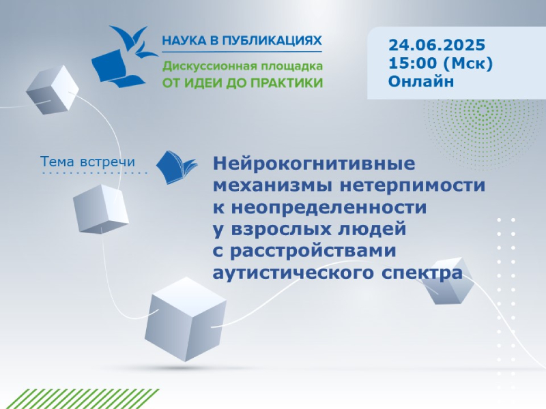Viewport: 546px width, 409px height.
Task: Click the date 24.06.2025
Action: (x=437, y=45)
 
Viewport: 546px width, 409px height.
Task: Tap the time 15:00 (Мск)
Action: (x=440, y=63)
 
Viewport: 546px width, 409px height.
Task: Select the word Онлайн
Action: (x=421, y=81)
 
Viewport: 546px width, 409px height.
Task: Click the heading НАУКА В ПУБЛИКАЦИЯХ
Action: (x=242, y=41)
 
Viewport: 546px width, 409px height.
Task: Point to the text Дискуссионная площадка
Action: (x=243, y=66)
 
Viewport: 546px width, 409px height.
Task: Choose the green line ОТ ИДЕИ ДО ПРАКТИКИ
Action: (x=243, y=82)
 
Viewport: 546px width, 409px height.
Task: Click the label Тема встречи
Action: (x=87, y=162)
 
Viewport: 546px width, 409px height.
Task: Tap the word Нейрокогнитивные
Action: (x=314, y=163)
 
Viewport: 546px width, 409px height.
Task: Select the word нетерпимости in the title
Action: (x=412, y=185)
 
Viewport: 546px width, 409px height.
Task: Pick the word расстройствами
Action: (x=313, y=251)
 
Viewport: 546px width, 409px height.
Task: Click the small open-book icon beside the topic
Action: (x=176, y=167)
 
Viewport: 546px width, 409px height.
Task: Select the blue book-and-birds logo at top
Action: (x=125, y=57)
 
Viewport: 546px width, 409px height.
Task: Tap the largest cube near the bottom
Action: (x=185, y=319)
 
